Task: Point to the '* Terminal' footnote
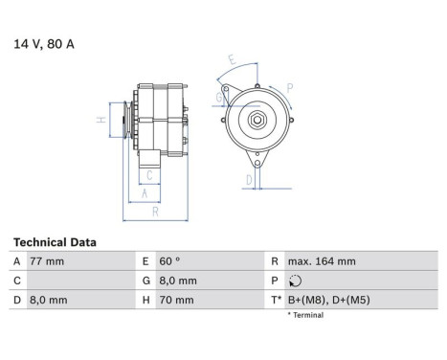(x=306, y=315)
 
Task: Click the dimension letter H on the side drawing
(x=100, y=121)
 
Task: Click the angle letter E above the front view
(x=232, y=59)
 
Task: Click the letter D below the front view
(x=248, y=179)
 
